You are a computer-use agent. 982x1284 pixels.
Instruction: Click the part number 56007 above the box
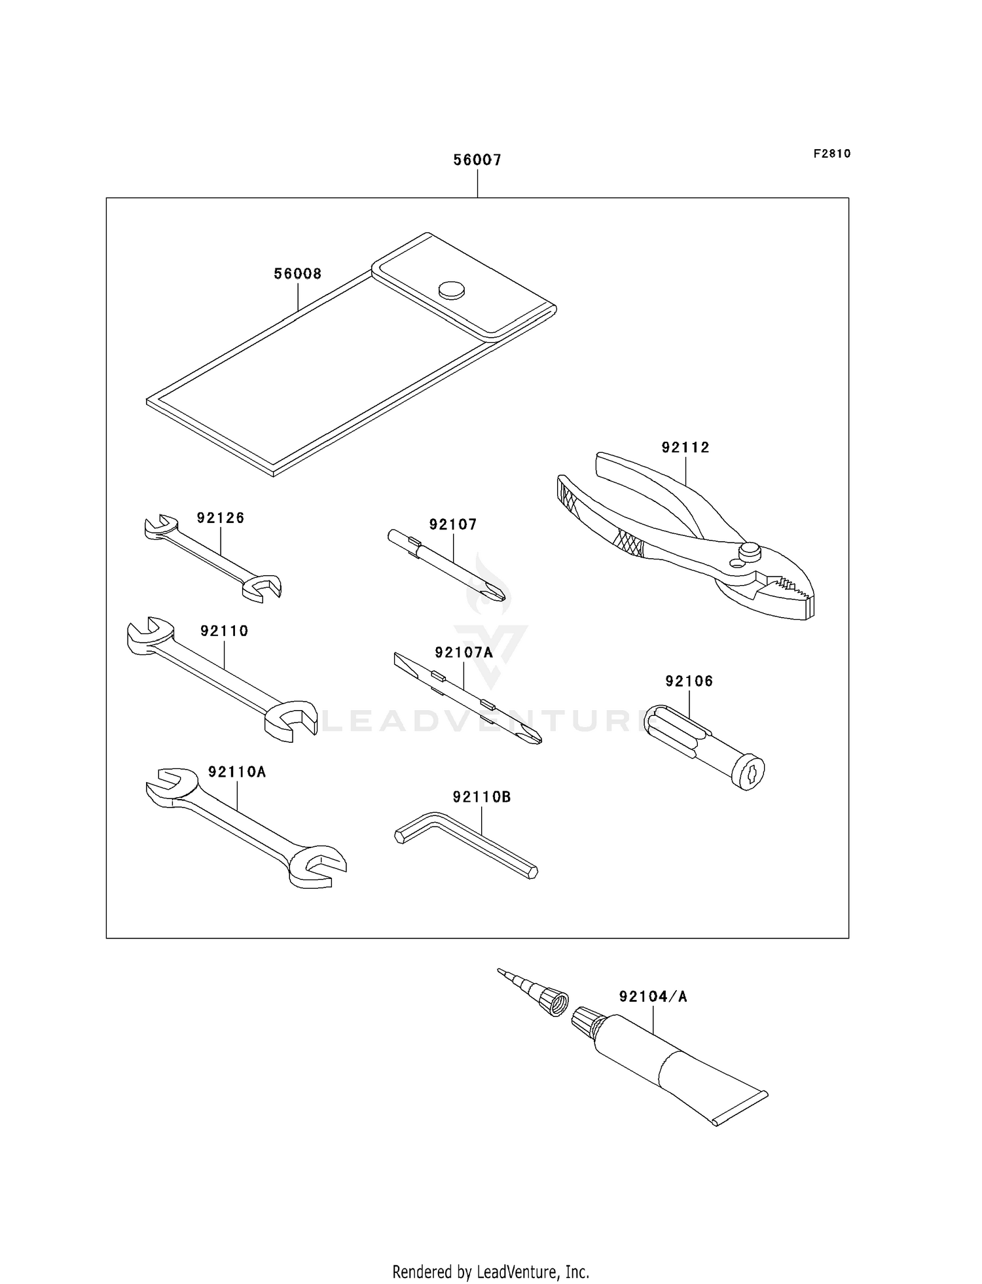click(477, 160)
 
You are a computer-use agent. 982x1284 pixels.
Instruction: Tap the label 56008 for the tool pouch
click(298, 274)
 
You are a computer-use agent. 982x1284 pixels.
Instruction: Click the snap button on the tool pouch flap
click(451, 289)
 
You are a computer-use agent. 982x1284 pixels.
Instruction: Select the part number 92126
click(221, 518)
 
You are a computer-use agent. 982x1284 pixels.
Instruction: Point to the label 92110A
click(237, 772)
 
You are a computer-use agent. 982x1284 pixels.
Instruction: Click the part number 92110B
click(481, 797)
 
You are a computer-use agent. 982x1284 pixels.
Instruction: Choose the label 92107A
click(464, 652)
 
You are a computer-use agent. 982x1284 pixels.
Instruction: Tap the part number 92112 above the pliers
click(685, 448)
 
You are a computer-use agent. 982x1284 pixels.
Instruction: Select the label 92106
click(689, 681)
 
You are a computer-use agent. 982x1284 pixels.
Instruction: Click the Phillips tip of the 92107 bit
click(497, 593)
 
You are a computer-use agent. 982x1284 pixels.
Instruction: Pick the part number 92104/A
click(653, 997)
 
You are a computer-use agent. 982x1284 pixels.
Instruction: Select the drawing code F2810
click(832, 154)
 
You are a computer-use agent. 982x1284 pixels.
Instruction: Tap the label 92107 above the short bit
click(453, 524)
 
